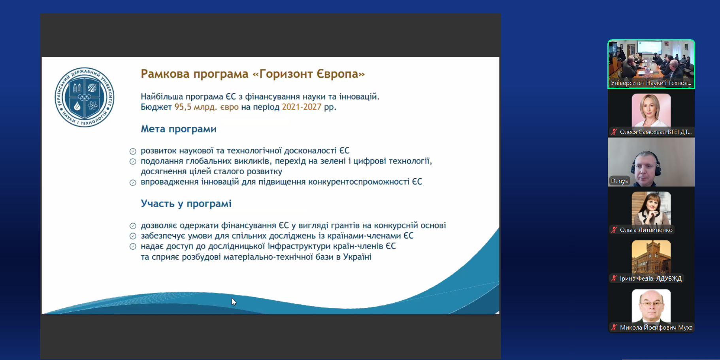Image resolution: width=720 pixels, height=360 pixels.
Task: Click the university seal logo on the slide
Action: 85,97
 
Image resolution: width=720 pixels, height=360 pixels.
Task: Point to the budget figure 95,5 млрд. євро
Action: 207,107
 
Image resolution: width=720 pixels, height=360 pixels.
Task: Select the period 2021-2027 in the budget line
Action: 302,107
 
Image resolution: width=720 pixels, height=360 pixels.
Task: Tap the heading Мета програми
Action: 179,129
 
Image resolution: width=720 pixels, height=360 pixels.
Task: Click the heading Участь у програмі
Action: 186,204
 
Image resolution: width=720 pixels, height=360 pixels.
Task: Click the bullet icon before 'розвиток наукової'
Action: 133,151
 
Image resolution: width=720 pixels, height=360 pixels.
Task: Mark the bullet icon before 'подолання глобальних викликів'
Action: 133,162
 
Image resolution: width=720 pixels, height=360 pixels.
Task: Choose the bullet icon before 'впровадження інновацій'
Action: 133,183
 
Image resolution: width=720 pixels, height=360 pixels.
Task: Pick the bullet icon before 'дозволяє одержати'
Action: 133,226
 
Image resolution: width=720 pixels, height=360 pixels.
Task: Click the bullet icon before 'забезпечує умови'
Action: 133,236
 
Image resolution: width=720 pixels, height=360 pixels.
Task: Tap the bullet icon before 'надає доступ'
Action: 133,247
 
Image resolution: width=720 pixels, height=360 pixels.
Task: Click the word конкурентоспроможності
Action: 359,182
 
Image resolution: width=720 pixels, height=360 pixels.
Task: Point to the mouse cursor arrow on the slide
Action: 234,302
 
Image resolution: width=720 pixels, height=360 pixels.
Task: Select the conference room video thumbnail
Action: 651,64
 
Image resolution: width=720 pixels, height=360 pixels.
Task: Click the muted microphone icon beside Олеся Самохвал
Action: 614,132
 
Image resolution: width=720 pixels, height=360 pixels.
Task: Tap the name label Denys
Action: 619,181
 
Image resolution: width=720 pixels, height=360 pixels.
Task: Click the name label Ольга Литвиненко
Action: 646,230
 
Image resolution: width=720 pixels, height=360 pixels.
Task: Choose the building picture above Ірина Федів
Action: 651,257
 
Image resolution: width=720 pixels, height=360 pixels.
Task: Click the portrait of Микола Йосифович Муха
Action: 651,306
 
